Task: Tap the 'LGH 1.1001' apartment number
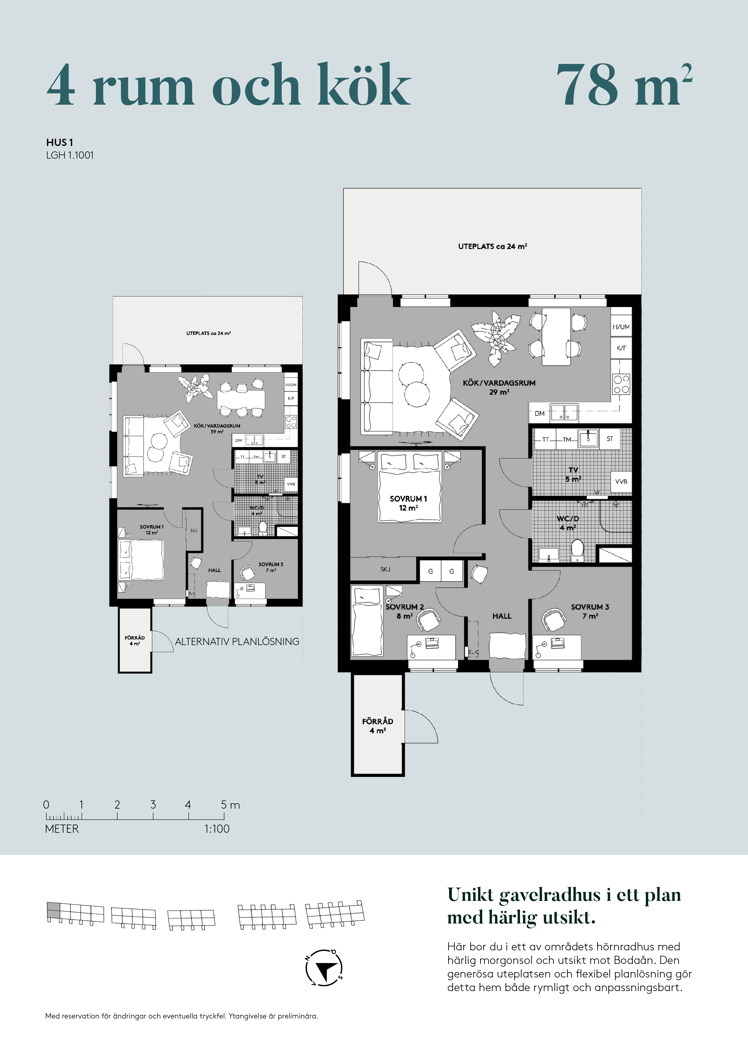click(x=70, y=155)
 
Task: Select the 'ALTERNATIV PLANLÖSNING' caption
click(x=237, y=641)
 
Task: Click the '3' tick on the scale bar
click(x=153, y=805)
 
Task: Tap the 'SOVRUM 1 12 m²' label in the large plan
click(x=408, y=503)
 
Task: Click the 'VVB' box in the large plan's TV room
click(x=621, y=482)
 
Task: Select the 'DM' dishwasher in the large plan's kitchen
click(x=540, y=414)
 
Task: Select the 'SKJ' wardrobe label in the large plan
click(x=385, y=569)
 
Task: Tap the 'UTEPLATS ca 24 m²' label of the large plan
click(x=492, y=246)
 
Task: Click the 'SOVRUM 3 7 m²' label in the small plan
click(x=271, y=567)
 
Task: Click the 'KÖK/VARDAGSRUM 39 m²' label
click(x=217, y=429)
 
